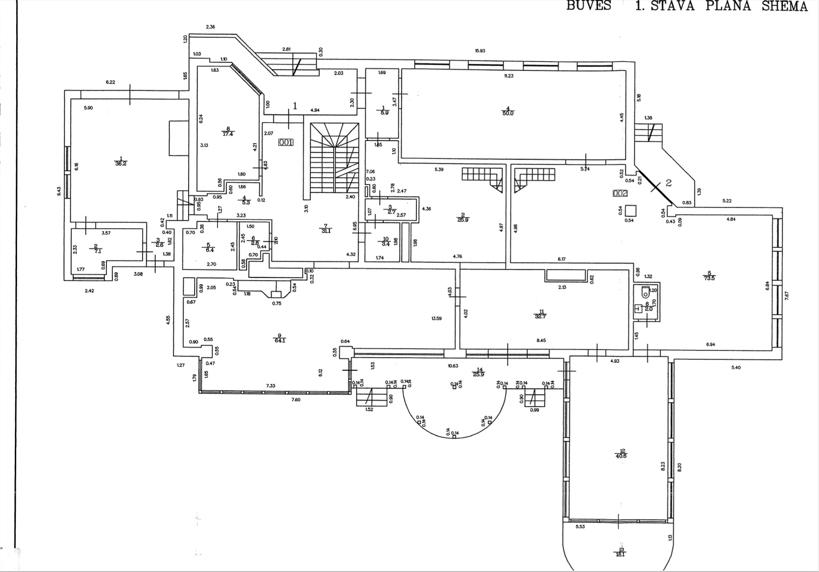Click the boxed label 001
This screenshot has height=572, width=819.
click(286, 142)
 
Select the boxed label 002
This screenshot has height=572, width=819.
click(620, 193)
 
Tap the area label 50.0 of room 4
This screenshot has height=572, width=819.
click(508, 113)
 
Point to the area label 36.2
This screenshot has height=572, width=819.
click(121, 163)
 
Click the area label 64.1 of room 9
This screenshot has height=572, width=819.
click(280, 340)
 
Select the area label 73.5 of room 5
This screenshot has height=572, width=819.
click(709, 278)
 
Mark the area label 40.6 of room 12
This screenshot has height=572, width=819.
click(621, 456)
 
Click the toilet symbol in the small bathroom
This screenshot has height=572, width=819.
click(645, 292)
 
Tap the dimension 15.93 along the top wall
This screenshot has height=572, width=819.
click(480, 51)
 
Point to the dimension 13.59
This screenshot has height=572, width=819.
click(436, 318)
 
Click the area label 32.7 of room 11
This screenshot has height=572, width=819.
click(540, 316)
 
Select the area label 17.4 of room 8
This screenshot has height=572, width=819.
click(228, 134)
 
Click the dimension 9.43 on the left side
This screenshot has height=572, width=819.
click(59, 191)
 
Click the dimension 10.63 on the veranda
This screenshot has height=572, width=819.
click(453, 366)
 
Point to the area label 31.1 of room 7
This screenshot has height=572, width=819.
click(326, 231)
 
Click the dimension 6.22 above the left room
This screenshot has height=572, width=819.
click(110, 82)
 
